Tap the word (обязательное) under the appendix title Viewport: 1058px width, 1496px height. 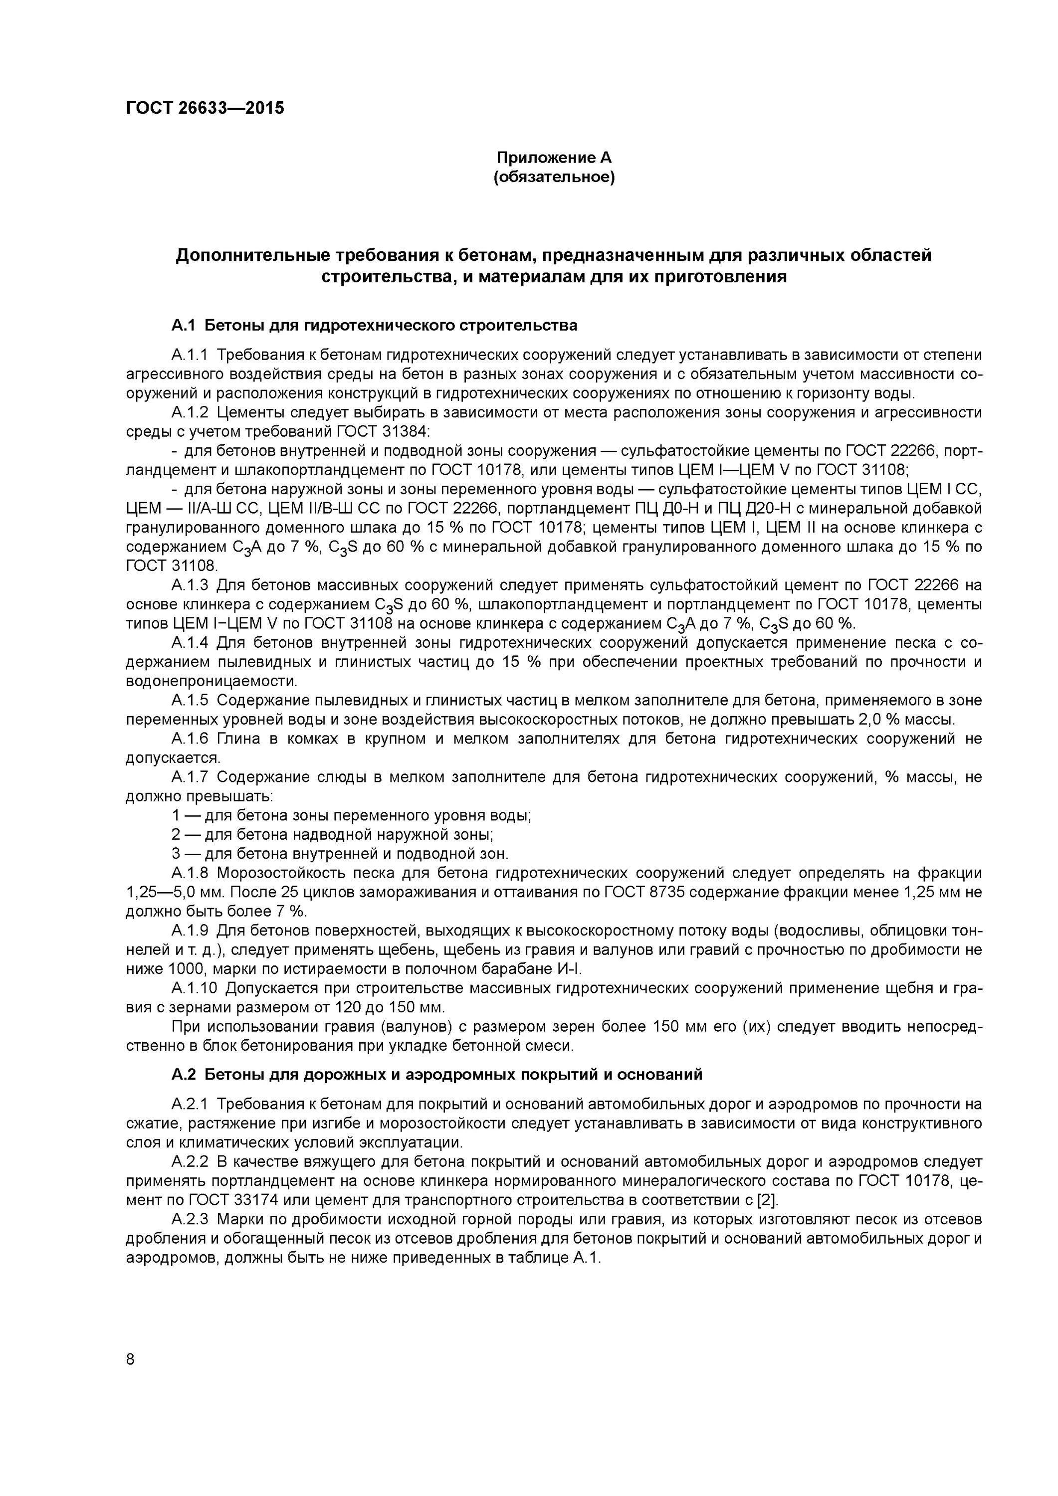[554, 177]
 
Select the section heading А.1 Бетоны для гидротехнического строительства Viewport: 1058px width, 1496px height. [374, 325]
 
